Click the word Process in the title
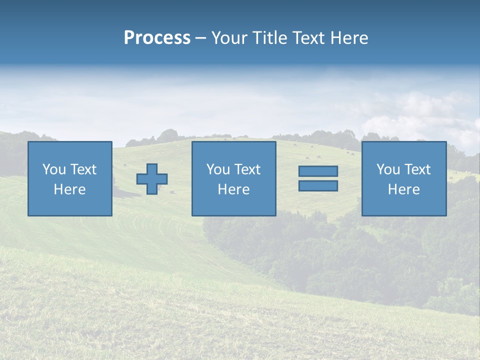[157, 38]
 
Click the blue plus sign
[152, 179]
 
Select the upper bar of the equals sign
[318, 171]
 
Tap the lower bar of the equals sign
[318, 186]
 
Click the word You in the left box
[53, 169]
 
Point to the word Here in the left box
[69, 189]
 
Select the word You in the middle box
[217, 169]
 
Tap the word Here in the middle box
[233, 189]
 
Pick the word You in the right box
[387, 169]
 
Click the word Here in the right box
[403, 189]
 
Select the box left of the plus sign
[69, 205]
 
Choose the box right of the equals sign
[403, 205]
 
